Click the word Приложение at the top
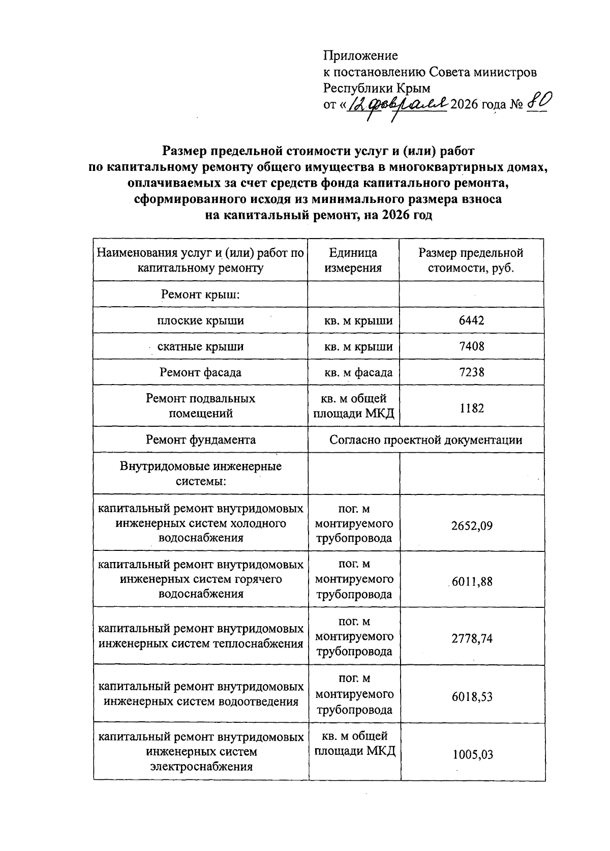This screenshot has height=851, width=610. pos(360,55)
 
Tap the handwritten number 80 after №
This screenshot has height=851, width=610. pos(537,103)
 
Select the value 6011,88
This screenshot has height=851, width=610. pos(472,581)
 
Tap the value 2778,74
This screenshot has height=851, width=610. pos(472,638)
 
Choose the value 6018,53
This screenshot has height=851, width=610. pos(472,696)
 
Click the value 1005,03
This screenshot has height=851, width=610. pos(473,754)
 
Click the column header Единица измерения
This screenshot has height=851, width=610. pos(353,260)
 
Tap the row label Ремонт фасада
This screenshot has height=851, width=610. pos(200,372)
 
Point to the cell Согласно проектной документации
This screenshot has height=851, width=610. pos(425,440)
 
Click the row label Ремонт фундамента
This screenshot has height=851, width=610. pos(200,440)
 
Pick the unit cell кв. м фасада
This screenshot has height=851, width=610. pos(358,372)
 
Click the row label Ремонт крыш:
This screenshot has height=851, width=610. pos(200,295)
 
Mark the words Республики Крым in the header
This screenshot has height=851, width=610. pos(377,88)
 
